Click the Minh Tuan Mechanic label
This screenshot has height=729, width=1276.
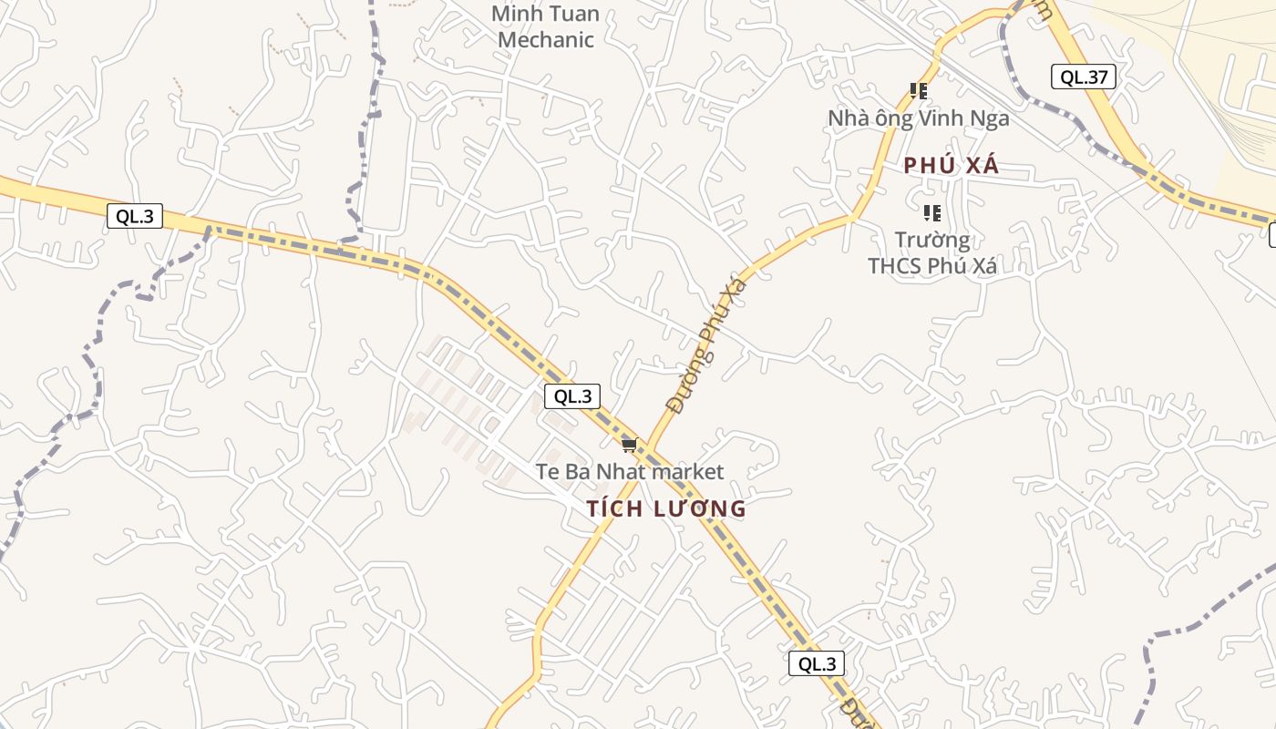546,26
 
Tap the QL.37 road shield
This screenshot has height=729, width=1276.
1084,77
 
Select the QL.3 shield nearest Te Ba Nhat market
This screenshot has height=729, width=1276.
572,396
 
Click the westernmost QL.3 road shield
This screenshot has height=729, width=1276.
135,216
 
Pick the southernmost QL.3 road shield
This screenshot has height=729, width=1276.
817,663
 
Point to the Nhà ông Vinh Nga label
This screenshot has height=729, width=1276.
918,118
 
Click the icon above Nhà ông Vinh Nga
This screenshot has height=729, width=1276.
919,90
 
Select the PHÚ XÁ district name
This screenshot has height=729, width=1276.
952,166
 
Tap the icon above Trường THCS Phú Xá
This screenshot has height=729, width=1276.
931,213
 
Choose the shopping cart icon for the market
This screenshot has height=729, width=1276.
629,445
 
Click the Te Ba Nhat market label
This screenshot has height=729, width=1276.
630,471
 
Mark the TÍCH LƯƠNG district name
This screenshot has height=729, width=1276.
666,508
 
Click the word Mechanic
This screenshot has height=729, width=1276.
546,39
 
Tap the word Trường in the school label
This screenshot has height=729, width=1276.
931,241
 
